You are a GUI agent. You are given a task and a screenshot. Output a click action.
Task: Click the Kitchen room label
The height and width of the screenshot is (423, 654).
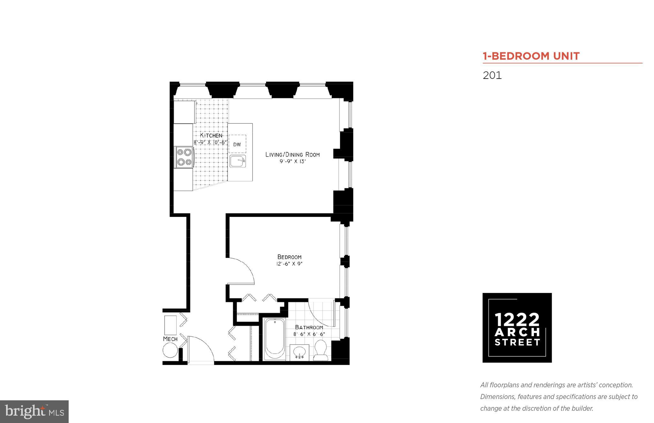click(x=211, y=135)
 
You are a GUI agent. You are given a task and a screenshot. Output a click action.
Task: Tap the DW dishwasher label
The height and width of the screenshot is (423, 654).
click(x=237, y=144)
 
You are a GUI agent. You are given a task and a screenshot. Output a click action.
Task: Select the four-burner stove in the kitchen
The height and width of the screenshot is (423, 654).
click(x=184, y=157)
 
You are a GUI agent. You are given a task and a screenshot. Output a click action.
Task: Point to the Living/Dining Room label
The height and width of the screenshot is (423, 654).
click(x=293, y=155)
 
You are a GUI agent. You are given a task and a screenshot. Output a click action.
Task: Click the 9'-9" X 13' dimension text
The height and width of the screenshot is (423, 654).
click(x=293, y=162)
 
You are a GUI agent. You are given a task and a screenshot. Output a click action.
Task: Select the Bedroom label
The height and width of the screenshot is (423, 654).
click(x=289, y=257)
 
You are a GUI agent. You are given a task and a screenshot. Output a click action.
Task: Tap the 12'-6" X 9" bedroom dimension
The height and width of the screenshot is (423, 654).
click(x=289, y=264)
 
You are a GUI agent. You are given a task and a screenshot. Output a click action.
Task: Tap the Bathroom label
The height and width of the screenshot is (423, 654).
click(x=309, y=327)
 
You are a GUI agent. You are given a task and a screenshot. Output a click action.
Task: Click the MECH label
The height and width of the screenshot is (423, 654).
click(x=170, y=339)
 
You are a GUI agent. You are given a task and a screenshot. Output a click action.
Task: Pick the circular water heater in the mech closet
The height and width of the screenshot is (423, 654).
click(x=170, y=351)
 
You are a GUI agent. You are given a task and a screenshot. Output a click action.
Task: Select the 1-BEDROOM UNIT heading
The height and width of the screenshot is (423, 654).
click(x=531, y=56)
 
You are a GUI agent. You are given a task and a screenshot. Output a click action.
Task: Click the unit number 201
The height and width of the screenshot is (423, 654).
click(x=492, y=75)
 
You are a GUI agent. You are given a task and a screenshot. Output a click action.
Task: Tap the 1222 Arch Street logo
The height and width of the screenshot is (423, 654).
click(x=517, y=327)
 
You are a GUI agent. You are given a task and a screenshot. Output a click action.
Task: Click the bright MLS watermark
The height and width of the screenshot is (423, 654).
click(x=34, y=411)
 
